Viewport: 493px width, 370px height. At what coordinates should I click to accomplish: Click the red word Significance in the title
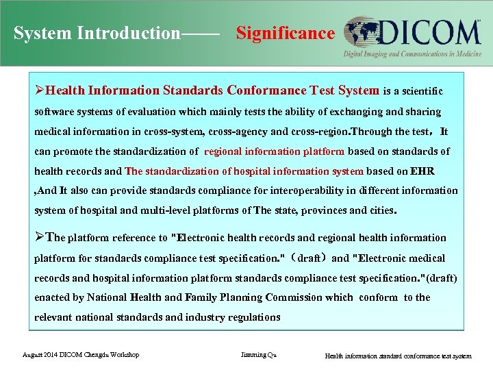tap(286, 33)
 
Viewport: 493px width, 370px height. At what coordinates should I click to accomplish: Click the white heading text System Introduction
tap(97, 33)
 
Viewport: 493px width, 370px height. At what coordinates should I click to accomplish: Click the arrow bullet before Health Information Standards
tap(40, 90)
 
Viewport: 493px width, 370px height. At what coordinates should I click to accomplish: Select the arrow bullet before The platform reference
tap(40, 238)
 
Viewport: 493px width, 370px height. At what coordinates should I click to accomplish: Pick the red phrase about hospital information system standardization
tap(244, 171)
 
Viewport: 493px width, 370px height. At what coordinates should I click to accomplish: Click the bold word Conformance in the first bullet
tap(266, 90)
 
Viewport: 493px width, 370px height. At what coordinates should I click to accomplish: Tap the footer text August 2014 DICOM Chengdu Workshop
tap(81, 355)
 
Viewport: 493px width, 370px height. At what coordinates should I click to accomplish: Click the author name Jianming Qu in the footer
tap(259, 355)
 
